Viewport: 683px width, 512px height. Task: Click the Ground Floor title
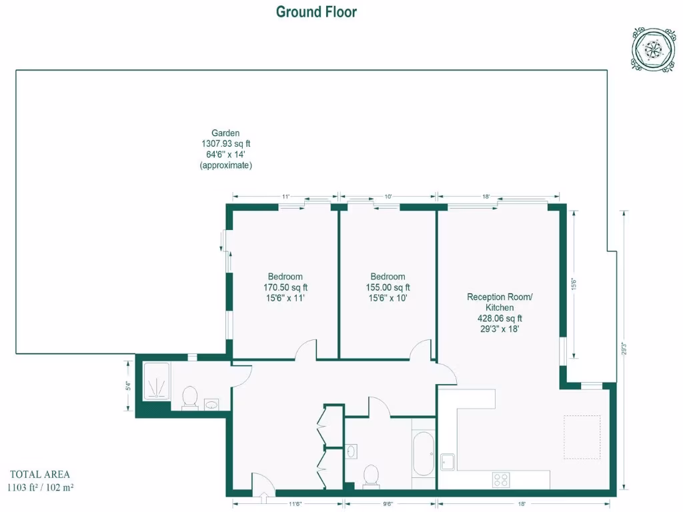pos(316,12)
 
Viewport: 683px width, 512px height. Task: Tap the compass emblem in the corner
pos(650,49)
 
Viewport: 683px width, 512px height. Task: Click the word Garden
pos(225,133)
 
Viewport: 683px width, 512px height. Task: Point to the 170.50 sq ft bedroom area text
pos(285,287)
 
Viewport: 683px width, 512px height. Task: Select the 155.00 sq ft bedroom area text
pos(388,287)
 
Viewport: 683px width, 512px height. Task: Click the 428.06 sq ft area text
pos(500,318)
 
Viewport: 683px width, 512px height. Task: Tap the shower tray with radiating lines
pos(157,381)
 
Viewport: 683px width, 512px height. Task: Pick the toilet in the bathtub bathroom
pos(371,475)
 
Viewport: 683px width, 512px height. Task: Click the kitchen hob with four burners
pos(501,479)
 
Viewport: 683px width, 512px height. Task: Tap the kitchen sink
pos(448,462)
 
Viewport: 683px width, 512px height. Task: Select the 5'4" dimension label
pos(128,386)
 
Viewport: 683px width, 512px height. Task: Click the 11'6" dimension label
pos(293,503)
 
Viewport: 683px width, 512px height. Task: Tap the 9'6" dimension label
pos(388,503)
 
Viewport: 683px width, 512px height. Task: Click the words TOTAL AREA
pos(39,475)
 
